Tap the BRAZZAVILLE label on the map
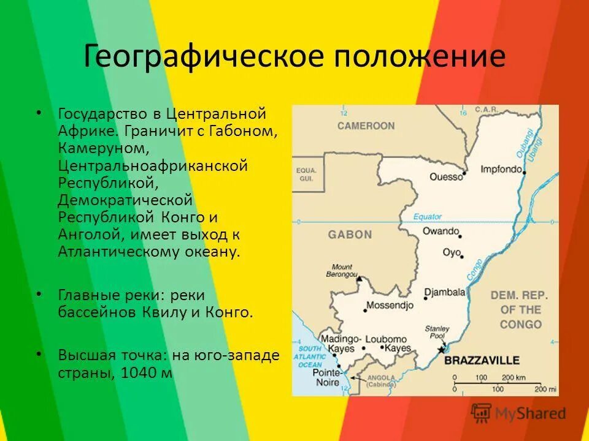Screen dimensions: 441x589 (x=482, y=360)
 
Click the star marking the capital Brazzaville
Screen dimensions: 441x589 (x=441, y=350)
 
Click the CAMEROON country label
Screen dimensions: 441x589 (x=365, y=126)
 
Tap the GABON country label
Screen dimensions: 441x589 (x=350, y=234)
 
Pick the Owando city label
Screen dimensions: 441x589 (x=441, y=231)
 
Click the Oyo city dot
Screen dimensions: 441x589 (x=461, y=257)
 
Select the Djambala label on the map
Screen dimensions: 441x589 (x=445, y=293)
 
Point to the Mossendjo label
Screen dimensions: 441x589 (x=390, y=304)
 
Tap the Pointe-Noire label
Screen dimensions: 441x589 (x=326, y=377)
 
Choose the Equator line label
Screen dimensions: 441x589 (x=427, y=216)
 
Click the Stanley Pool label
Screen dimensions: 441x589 (x=437, y=333)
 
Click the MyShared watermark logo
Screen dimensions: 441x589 (x=518, y=413)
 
